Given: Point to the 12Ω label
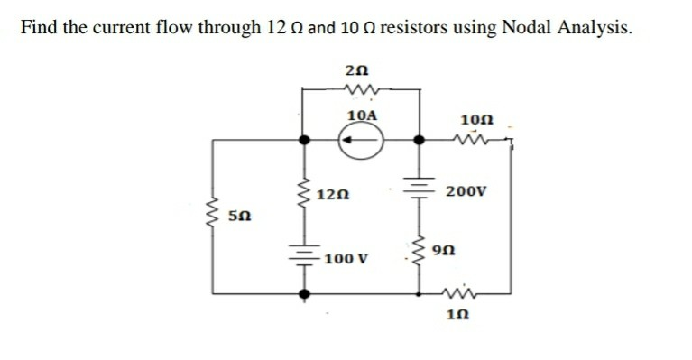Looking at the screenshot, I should pyautogui.click(x=334, y=195).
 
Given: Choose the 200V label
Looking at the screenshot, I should pyautogui.click(x=467, y=193).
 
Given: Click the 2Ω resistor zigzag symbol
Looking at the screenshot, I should pyautogui.click(x=359, y=88).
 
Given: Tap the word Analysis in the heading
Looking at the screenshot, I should pyautogui.click(x=581, y=28).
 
